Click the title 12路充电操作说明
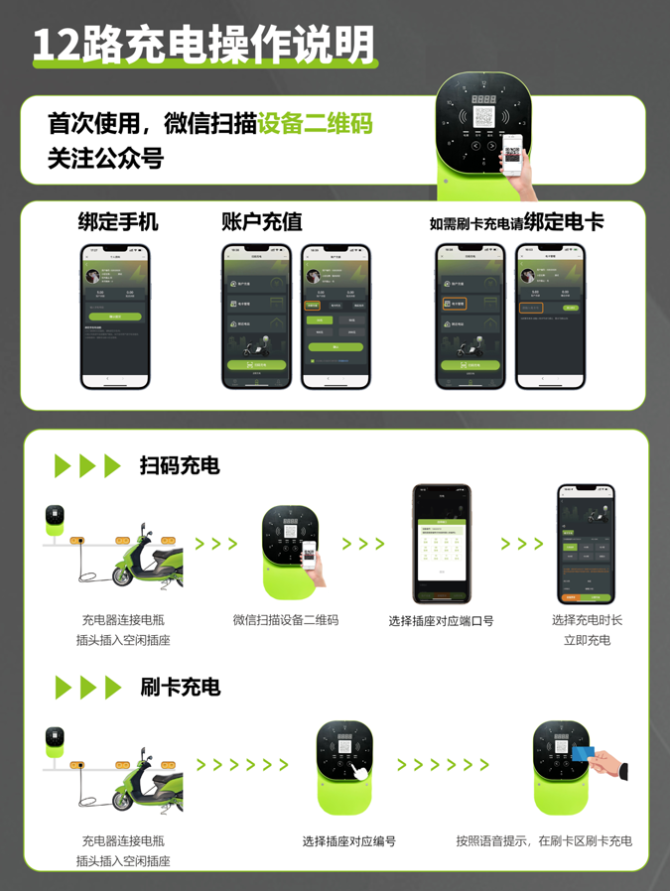(x=203, y=45)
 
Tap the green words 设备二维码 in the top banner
(x=315, y=125)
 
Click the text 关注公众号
(x=105, y=158)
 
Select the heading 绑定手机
(x=118, y=221)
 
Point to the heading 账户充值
(x=261, y=221)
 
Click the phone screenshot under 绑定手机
(x=115, y=316)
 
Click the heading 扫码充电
(x=180, y=465)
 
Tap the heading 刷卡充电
(x=180, y=687)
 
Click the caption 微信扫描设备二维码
(x=286, y=620)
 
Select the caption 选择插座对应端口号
(x=441, y=621)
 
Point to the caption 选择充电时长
(x=587, y=620)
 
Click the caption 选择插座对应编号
(x=348, y=841)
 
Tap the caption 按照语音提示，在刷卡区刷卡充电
(x=543, y=841)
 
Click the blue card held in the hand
(x=583, y=754)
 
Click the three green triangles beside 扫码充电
(x=87, y=466)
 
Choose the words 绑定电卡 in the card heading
(x=563, y=221)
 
